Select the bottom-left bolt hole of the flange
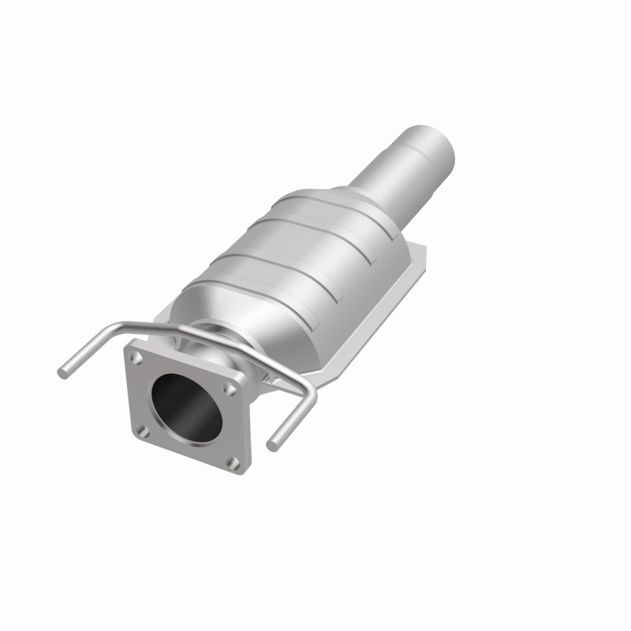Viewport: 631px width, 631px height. [x=144, y=430]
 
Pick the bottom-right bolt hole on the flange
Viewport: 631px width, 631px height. [x=233, y=461]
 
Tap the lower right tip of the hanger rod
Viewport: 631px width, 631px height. [x=272, y=446]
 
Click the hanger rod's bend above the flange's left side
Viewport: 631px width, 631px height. [x=120, y=328]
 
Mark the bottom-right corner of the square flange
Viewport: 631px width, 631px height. [x=244, y=470]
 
